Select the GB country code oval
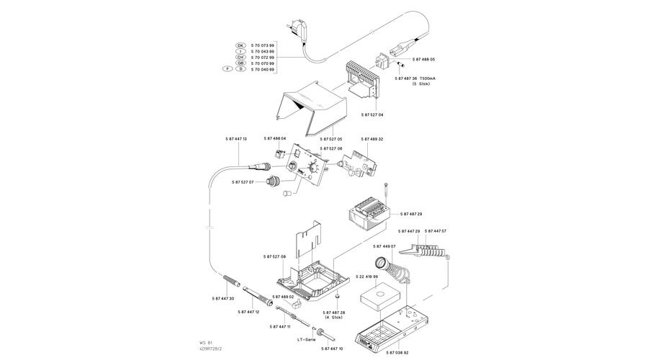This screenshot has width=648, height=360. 240,63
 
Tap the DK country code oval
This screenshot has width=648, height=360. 240,45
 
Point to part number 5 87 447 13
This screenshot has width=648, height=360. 236,138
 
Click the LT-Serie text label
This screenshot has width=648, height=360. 307,338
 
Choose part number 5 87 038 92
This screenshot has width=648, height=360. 397,352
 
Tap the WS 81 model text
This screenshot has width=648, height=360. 207,343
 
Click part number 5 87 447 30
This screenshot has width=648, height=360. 223,298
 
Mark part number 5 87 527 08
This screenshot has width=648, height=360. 275,256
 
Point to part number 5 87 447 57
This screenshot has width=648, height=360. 436,231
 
